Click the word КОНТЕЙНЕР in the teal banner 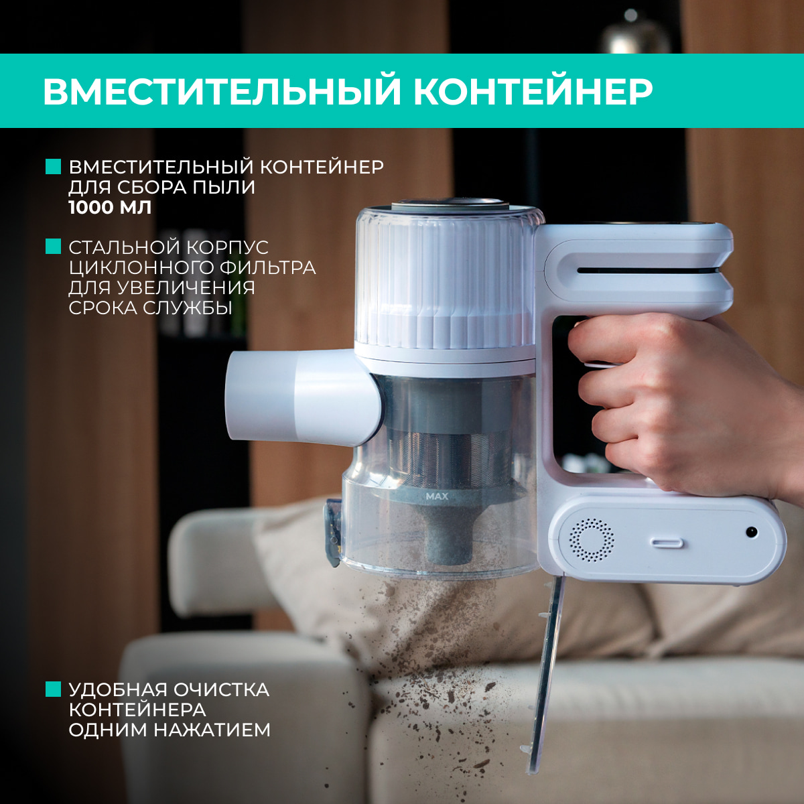click(x=533, y=92)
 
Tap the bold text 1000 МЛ click(x=110, y=207)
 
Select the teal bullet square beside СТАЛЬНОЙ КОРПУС click(x=53, y=247)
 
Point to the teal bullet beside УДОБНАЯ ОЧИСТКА click(x=53, y=689)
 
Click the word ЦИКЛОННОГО click(x=140, y=267)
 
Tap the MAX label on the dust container click(x=436, y=497)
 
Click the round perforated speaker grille click(x=592, y=539)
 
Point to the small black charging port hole click(x=752, y=532)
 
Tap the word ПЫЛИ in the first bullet click(x=224, y=187)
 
